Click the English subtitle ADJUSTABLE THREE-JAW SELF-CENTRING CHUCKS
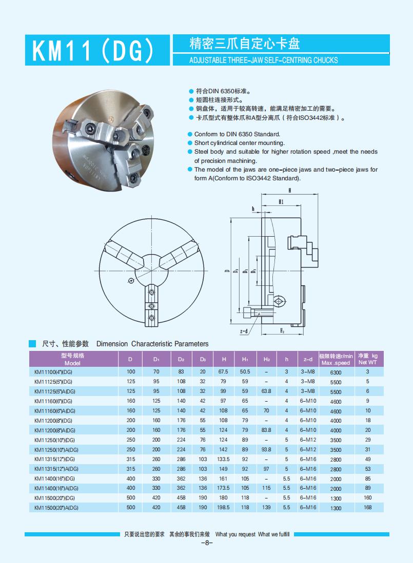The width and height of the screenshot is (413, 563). point(264,60)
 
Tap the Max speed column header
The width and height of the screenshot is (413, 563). point(336,359)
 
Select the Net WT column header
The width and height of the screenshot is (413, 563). point(367,359)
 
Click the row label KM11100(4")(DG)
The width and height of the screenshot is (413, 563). point(53,372)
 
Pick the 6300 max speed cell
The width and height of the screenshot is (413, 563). point(336,372)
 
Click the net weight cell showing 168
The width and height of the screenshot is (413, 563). point(367,508)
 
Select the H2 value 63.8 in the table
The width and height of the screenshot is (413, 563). point(266,391)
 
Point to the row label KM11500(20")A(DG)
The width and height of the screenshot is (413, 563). point(56,508)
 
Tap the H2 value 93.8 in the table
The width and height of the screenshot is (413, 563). point(266,449)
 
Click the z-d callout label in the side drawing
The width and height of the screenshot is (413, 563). point(244,331)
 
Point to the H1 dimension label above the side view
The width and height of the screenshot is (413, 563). point(281,202)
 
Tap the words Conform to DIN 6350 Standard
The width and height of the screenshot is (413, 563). point(237,134)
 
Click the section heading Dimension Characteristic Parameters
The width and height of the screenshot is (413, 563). point(152,344)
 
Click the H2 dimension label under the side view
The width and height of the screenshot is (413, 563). point(281,331)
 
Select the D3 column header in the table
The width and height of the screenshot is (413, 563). point(203,359)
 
